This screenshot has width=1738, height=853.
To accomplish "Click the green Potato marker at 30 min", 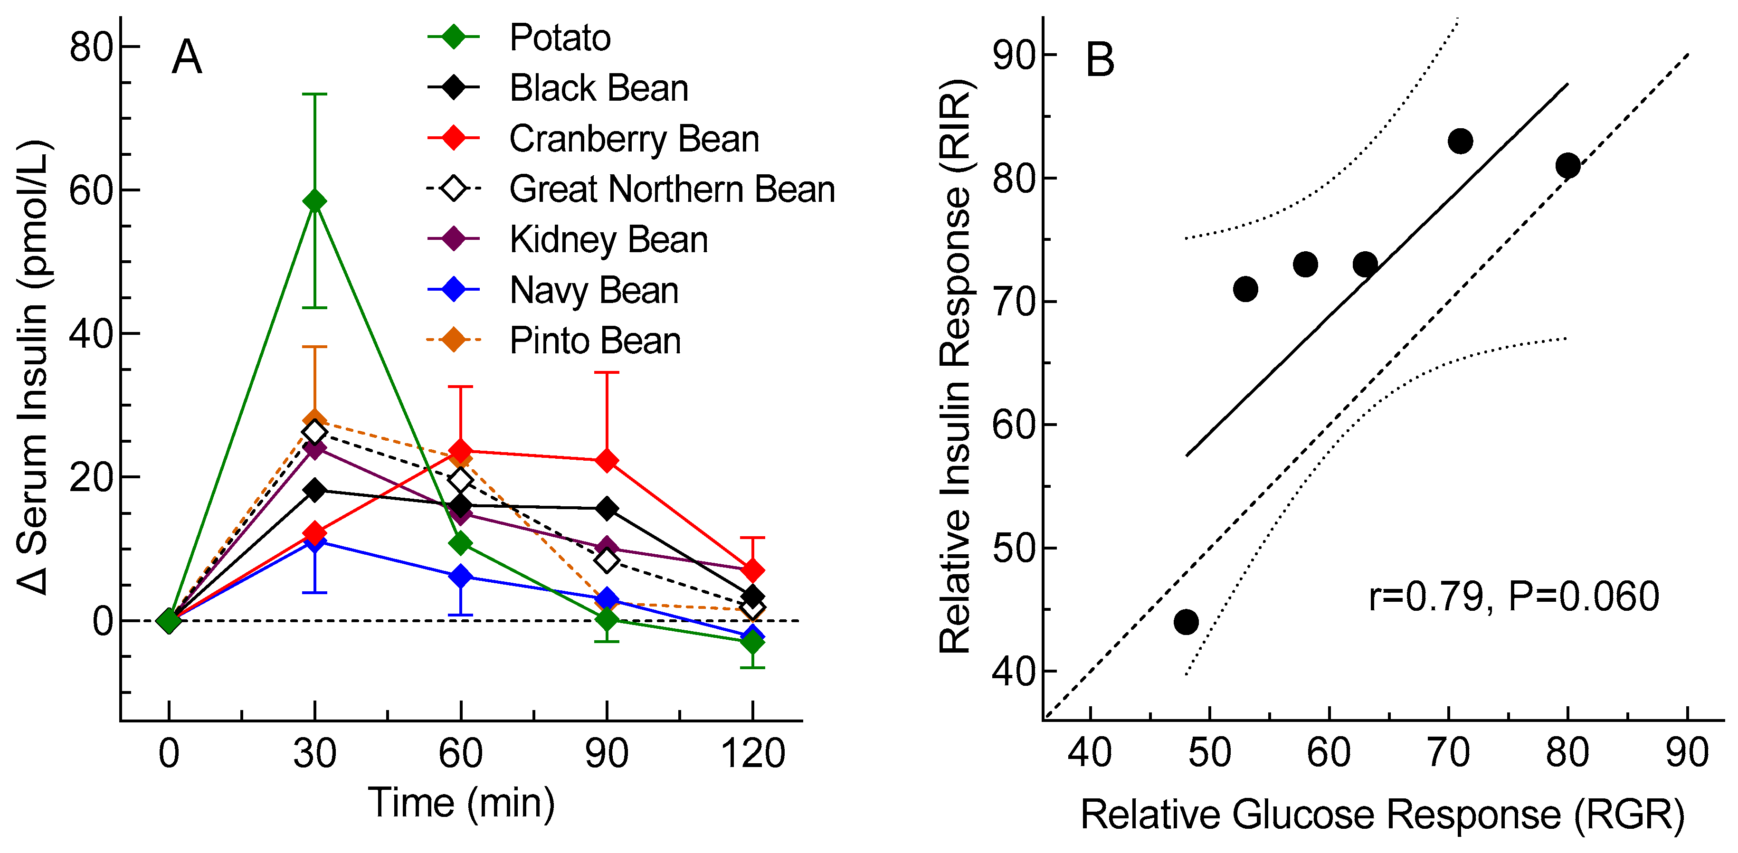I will click(x=314, y=201).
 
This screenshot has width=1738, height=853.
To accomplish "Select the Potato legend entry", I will click(x=560, y=38).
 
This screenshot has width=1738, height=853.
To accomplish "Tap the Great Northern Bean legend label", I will click(x=671, y=189).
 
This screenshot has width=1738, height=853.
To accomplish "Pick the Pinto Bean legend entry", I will click(x=594, y=341).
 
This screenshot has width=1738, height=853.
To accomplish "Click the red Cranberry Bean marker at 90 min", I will click(x=607, y=461).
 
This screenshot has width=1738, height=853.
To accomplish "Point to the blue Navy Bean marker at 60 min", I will click(x=461, y=576).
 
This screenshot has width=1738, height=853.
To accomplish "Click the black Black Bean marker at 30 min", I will click(x=314, y=490).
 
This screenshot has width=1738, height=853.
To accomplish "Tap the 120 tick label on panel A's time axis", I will click(x=752, y=753).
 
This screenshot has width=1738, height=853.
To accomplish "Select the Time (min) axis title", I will click(x=462, y=803).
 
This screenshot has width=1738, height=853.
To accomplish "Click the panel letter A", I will click(x=186, y=57).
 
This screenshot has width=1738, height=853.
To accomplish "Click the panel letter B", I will click(x=1100, y=60).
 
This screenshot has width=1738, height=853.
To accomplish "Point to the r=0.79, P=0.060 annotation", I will click(x=1513, y=597).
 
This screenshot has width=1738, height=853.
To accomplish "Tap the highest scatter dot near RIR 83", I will click(x=1461, y=142).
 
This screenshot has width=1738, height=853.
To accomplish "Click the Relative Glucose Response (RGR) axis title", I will click(x=1382, y=815).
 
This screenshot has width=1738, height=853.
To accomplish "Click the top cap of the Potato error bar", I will click(x=314, y=95).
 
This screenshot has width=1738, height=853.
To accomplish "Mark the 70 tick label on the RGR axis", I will click(x=1448, y=753).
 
